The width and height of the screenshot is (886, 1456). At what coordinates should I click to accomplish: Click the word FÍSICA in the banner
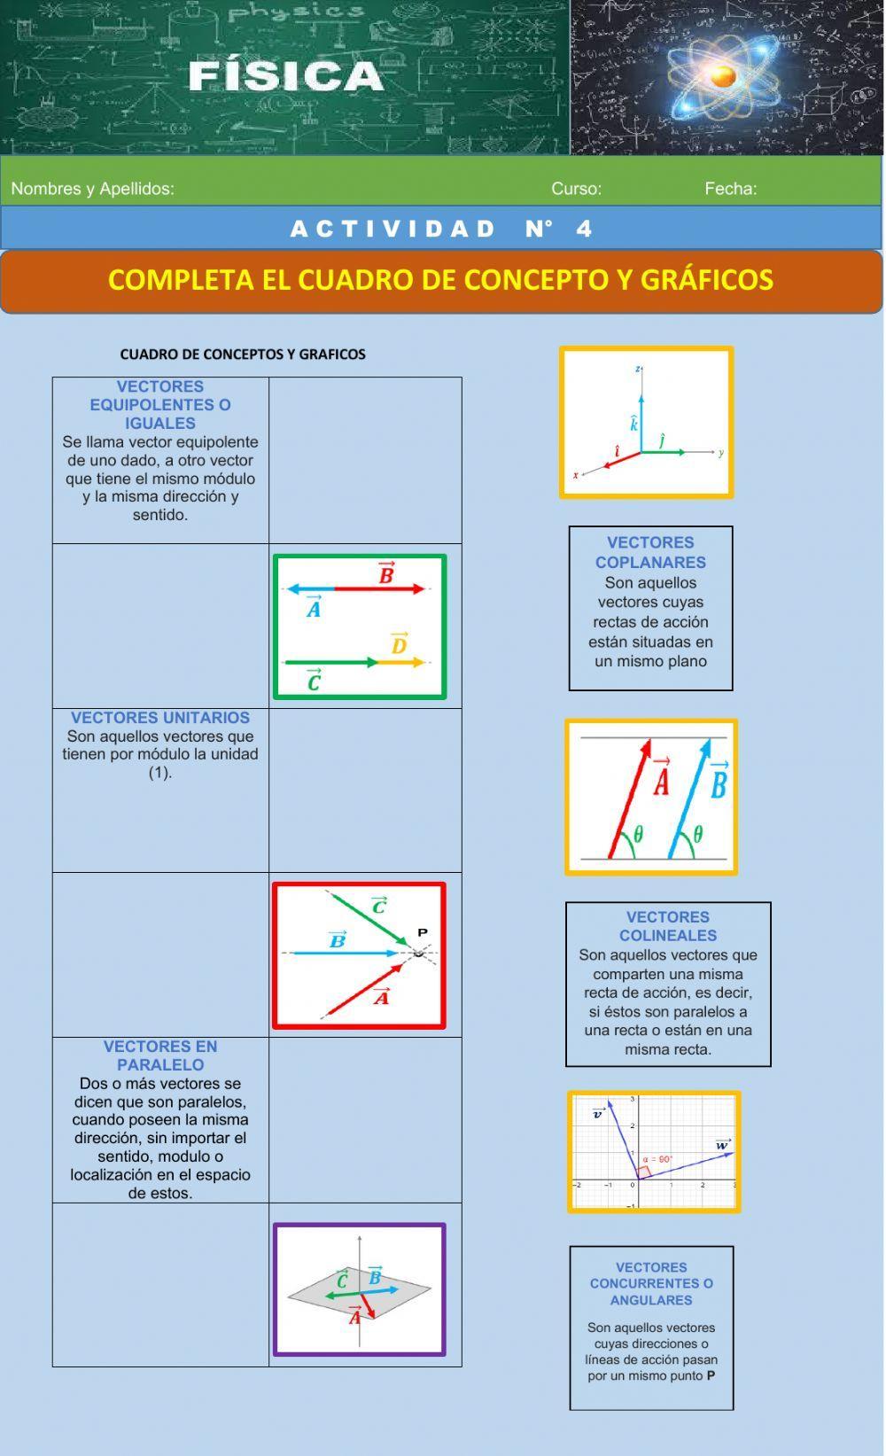pos(285,76)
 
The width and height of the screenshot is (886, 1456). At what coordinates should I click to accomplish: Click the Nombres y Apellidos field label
pos(92,189)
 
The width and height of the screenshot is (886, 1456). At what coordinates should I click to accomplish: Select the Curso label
pos(576,189)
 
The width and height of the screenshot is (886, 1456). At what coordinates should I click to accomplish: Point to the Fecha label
pos(731,189)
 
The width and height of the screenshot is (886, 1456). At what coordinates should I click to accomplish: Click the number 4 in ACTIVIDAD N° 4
pos(583,229)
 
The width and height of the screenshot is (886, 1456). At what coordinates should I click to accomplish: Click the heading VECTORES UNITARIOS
pos(160,718)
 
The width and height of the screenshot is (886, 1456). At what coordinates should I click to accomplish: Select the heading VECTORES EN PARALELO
pos(160,1055)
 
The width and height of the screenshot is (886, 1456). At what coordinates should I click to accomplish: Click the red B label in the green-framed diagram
pos(386,574)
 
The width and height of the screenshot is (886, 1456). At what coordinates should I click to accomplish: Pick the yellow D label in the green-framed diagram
pos(399,644)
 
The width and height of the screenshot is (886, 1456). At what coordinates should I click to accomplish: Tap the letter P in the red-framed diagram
pos(423,932)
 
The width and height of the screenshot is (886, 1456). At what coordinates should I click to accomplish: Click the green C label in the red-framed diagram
pos(379,906)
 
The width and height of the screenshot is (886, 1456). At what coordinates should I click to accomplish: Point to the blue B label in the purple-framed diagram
pos(375,1276)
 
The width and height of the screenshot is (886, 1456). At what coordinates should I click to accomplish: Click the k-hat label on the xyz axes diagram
pos(634,424)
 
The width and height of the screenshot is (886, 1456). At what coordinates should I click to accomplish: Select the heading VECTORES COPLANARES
pos(650,552)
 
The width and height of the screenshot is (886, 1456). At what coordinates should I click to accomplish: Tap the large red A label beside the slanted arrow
pos(661,780)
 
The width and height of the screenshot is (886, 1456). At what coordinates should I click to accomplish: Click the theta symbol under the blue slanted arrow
pos(698,834)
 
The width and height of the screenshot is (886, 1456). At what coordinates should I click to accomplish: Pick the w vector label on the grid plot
pos(723,1145)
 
